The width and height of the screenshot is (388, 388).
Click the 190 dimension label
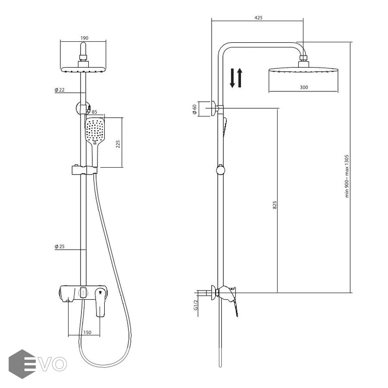pyautogui.click(x=84, y=38)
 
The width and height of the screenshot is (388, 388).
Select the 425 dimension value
pyautogui.click(x=258, y=18)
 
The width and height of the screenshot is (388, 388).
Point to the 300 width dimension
pyautogui.click(x=304, y=88)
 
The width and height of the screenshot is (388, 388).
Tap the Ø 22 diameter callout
pyautogui.click(x=59, y=90)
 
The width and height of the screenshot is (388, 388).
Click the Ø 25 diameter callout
pyautogui.click(x=59, y=247)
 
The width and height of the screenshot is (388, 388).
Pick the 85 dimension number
pyautogui.click(x=94, y=112)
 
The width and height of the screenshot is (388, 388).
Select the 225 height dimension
pyautogui.click(x=118, y=144)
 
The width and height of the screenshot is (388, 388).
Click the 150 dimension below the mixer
pyautogui.click(x=87, y=332)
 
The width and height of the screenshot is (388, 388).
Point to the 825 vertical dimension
pyautogui.click(x=275, y=205)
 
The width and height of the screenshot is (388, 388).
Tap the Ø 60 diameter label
pyautogui.click(x=194, y=109)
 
